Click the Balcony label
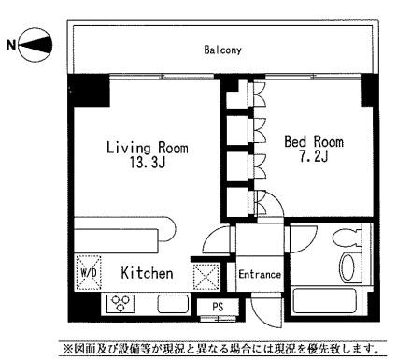pos(222,50)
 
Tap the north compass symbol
pos(35,45)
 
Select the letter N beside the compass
pos(11,45)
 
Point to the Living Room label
pos(148,148)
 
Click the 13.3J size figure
pos(148,162)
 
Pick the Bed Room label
pos(314,142)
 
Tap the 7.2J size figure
pos(314,156)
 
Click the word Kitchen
pos(147,273)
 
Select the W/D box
pos(89,273)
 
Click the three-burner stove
pos(121,303)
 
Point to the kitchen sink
pos(173,304)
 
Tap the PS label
pos(218,307)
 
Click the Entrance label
pos(260,275)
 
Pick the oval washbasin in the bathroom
pos(347,267)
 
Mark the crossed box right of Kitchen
pos(206,277)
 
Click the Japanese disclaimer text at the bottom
pos(222,349)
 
